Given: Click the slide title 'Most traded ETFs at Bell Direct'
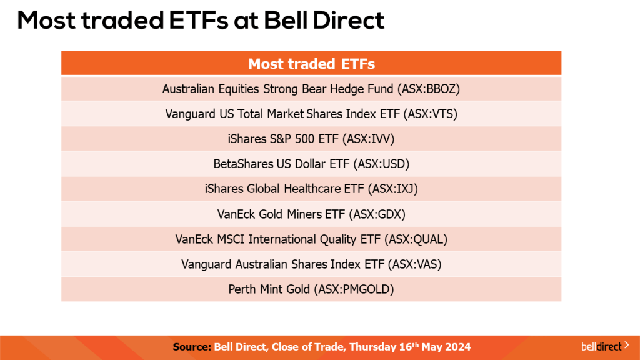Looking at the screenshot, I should tap(201, 21).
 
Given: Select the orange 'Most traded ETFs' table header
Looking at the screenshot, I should tap(311, 64).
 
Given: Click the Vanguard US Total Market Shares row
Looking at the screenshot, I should tap(311, 114).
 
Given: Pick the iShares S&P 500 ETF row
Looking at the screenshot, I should tap(311, 139).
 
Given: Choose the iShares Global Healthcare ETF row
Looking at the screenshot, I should tap(311, 189).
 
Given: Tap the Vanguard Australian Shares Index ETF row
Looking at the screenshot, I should tap(311, 264).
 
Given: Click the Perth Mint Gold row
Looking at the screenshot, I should tap(311, 289).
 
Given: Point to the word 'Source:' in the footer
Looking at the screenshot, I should tap(192, 347).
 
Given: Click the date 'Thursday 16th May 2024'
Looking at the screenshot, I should tap(410, 347).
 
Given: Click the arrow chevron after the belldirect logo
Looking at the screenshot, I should tap(626, 344).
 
